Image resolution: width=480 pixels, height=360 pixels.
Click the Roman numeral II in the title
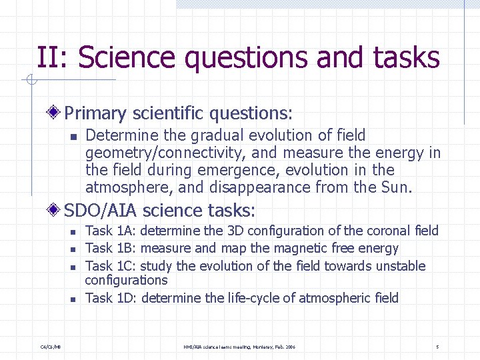[x=51, y=58]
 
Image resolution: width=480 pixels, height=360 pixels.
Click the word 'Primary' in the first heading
[x=93, y=113]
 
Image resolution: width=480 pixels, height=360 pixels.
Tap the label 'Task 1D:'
[x=111, y=298]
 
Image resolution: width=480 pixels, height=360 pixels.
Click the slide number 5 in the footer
[x=437, y=347]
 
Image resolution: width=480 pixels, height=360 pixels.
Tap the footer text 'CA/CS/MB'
[x=51, y=347]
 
